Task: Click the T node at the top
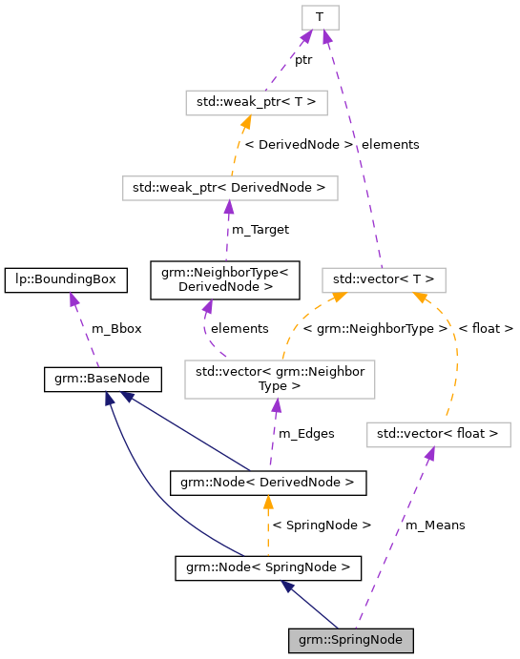pyautogui.click(x=320, y=17)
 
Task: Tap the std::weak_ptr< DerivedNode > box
pyautogui.click(x=230, y=187)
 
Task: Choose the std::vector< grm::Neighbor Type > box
pyautogui.click(x=280, y=379)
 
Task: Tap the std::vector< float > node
pyautogui.click(x=439, y=434)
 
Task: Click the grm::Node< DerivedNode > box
pyautogui.click(x=267, y=483)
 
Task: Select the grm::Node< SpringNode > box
pyautogui.click(x=268, y=568)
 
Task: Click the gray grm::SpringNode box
pyautogui.click(x=351, y=639)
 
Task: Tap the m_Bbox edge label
pyautogui.click(x=116, y=328)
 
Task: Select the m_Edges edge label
pyautogui.click(x=305, y=433)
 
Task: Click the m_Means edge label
pyautogui.click(x=435, y=525)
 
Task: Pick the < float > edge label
pyautogui.click(x=486, y=328)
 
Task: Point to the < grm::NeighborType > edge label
pyautogui.click(x=375, y=328)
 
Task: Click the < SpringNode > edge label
pyautogui.click(x=322, y=525)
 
